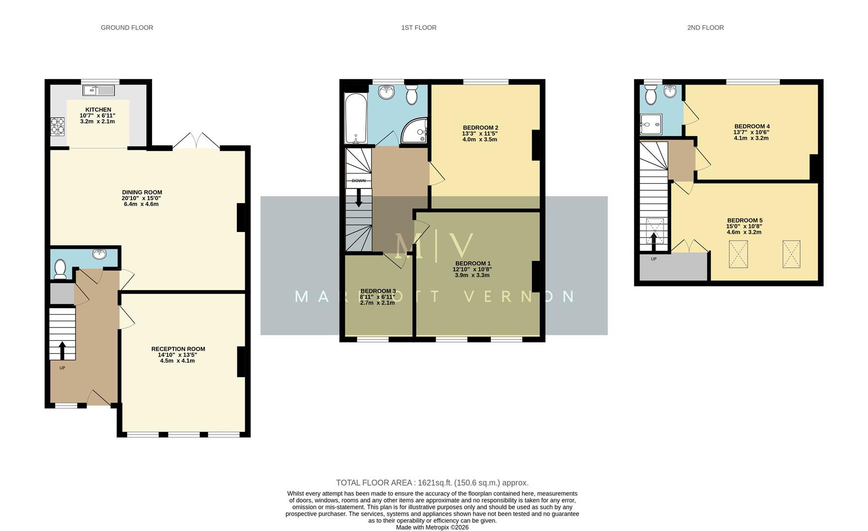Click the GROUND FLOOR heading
(x=127, y=28)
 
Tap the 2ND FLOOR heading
(x=705, y=28)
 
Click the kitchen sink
(x=98, y=90)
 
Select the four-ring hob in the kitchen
(x=58, y=126)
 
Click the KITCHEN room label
(x=98, y=110)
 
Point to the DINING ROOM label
(x=142, y=192)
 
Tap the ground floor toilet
(x=60, y=268)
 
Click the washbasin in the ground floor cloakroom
(x=99, y=254)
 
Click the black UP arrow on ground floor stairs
(x=62, y=350)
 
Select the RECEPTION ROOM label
(x=178, y=349)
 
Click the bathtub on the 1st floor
(x=355, y=118)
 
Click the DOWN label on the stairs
(x=358, y=180)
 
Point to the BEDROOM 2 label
(x=480, y=128)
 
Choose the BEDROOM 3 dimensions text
(x=377, y=300)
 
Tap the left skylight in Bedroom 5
(x=738, y=254)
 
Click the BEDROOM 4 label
(x=751, y=126)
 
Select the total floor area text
(x=432, y=483)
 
